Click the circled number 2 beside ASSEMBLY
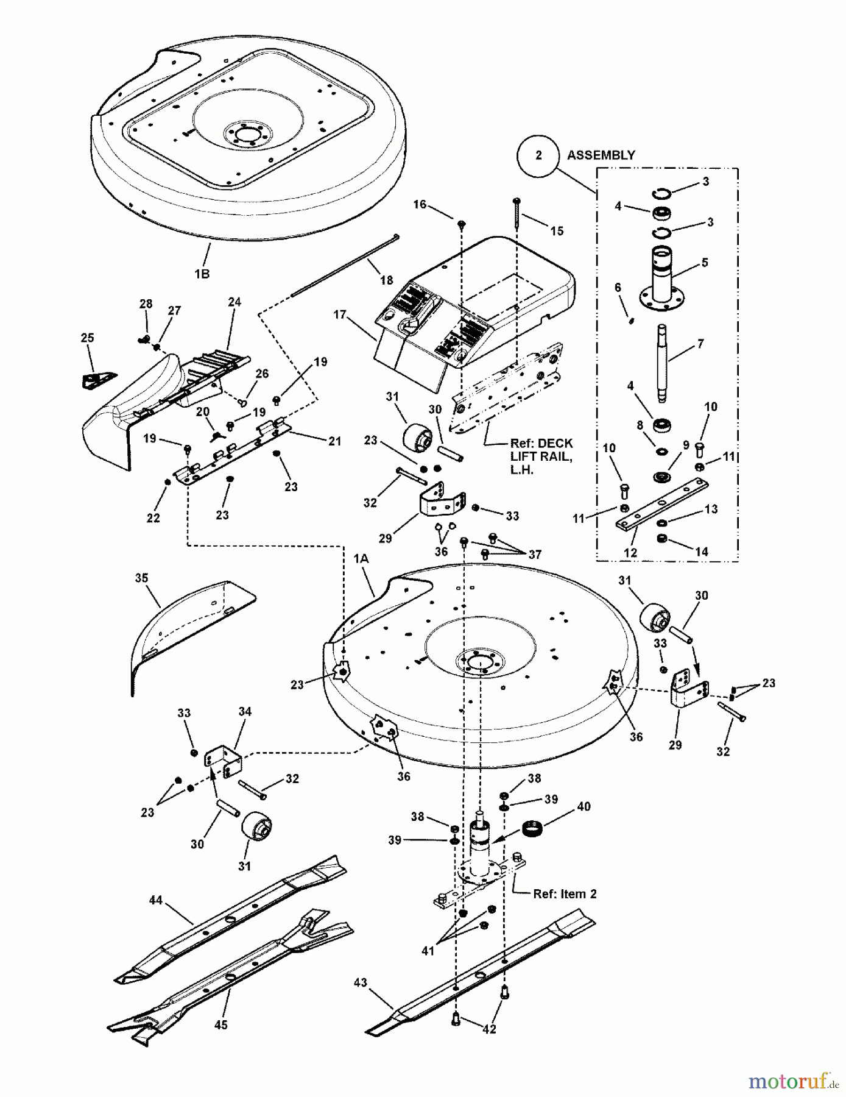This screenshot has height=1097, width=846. tap(538, 155)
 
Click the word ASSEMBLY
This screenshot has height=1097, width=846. tap(601, 155)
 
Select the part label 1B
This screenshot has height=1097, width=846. tap(202, 274)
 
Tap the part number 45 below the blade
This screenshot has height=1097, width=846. tap(220, 1025)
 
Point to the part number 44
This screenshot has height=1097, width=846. tap(156, 900)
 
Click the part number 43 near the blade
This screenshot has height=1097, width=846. tap(361, 982)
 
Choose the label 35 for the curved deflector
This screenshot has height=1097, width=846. tap(141, 578)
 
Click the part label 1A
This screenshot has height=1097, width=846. tap(361, 558)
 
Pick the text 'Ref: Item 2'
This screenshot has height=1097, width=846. tap(565, 894)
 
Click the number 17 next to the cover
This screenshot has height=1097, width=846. tap(340, 314)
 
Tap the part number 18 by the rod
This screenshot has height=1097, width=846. tap(386, 280)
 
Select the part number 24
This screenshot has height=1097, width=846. tap(234, 302)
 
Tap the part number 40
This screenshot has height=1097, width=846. tap(583, 806)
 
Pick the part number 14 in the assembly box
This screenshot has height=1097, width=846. tap(702, 552)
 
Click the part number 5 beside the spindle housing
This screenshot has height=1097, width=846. tap(705, 263)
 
